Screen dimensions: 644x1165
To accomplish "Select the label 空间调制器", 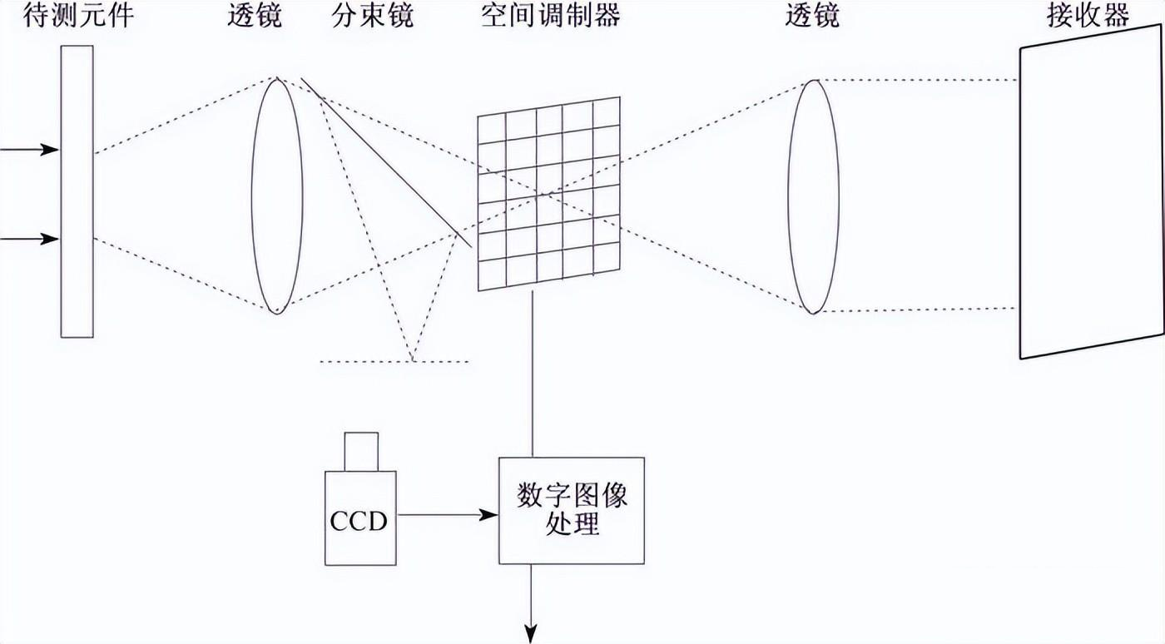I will (x=550, y=16).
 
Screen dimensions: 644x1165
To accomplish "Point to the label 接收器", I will (x=1088, y=16).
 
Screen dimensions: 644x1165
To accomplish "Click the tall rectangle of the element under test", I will (x=77, y=191).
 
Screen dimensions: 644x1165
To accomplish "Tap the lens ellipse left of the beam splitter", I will (x=277, y=196).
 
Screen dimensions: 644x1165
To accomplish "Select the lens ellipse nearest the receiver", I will (x=814, y=196).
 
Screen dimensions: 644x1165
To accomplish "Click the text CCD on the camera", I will (x=359, y=522).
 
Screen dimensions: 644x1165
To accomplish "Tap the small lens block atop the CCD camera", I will (x=361, y=451).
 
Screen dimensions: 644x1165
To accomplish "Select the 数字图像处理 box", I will (x=571, y=510).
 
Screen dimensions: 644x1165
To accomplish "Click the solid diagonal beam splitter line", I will (x=387, y=163).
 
